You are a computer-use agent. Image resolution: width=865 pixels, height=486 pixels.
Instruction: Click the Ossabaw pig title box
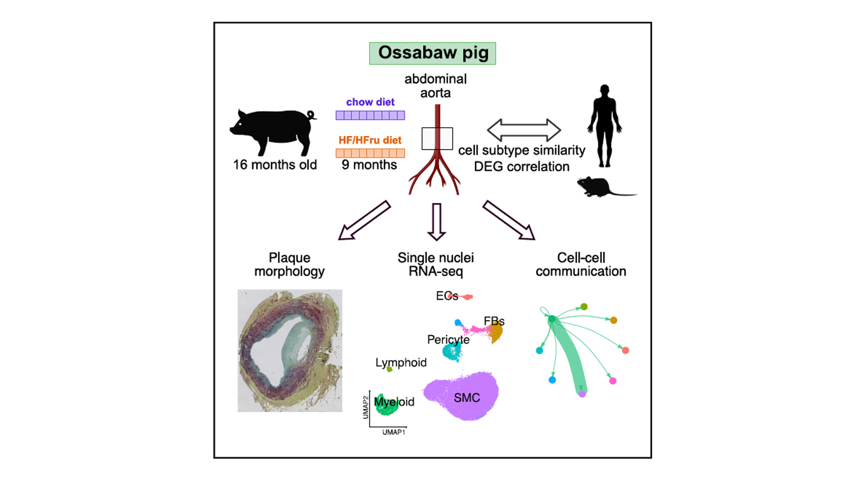coord(432,53)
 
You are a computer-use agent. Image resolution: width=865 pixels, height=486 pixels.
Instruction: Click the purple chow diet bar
coord(370,115)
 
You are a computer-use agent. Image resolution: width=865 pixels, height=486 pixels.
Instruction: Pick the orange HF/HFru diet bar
coord(370,153)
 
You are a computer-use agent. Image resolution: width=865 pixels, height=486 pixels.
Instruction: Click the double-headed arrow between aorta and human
coord(524,130)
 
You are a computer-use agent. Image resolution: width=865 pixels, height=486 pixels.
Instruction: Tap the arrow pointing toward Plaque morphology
coord(364,220)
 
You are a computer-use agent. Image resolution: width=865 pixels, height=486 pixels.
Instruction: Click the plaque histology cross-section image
coord(290,351)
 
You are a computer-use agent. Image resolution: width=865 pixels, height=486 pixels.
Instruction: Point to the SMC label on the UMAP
coord(467,398)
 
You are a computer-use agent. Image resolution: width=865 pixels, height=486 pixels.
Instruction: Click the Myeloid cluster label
coord(394,402)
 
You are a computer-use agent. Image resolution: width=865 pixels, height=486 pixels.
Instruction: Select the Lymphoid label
coord(401,362)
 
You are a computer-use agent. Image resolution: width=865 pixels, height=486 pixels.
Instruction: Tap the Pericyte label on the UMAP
coord(448,339)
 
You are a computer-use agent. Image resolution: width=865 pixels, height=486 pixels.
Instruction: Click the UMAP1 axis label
coord(394,432)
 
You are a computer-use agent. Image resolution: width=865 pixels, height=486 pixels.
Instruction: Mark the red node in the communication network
coord(625,350)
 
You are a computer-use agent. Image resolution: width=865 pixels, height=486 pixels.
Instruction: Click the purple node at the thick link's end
coord(582,394)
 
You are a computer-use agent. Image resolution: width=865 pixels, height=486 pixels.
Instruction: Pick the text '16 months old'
coord(275,165)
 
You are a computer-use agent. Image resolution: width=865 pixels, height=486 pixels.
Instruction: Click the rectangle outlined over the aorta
coord(437,139)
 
